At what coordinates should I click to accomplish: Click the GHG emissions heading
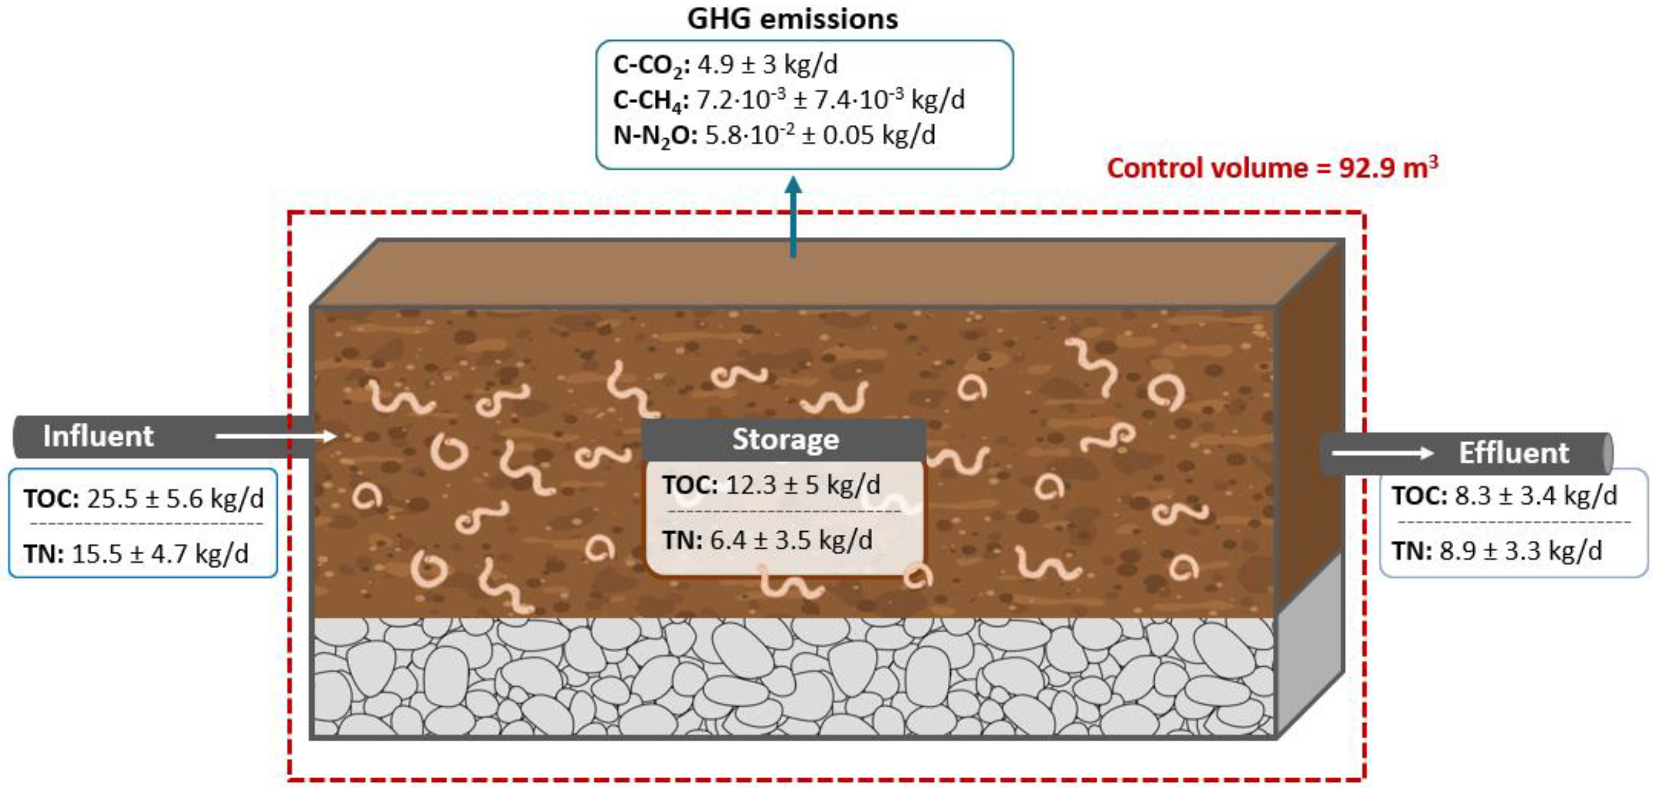click(x=792, y=19)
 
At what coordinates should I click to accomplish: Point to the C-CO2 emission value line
click(x=725, y=65)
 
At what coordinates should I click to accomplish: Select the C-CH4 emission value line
click(x=789, y=100)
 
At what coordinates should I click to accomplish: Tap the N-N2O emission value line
click(x=774, y=135)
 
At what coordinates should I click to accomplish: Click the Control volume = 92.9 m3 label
click(x=1272, y=169)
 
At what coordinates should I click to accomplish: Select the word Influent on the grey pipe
click(x=99, y=437)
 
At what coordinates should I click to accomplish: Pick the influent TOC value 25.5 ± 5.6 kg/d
click(x=144, y=499)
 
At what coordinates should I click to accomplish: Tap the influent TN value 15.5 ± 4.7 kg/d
click(x=136, y=554)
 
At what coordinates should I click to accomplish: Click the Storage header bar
click(x=785, y=440)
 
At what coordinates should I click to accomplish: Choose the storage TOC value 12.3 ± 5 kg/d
click(x=771, y=485)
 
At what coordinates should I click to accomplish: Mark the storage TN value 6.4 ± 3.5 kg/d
click(x=767, y=540)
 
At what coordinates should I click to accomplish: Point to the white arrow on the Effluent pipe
click(x=1382, y=453)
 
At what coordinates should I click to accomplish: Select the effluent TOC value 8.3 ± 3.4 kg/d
click(x=1504, y=495)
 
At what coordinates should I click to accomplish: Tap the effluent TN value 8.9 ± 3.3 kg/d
click(x=1496, y=551)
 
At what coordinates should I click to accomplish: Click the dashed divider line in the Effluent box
click(x=1513, y=522)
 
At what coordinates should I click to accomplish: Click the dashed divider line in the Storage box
click(x=784, y=512)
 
